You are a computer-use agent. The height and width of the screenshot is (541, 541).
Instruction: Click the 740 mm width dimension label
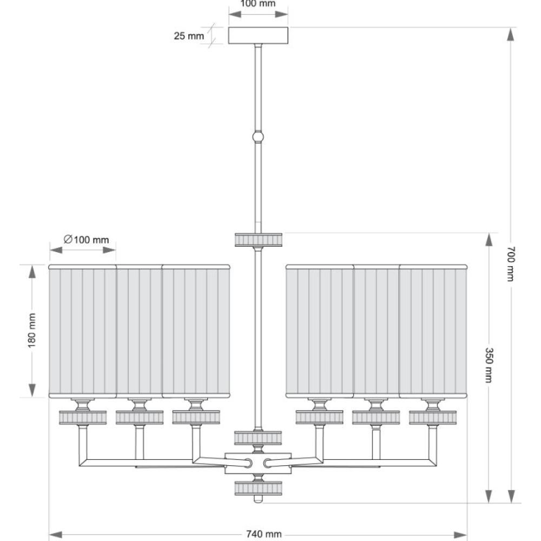pyautogui.click(x=263, y=534)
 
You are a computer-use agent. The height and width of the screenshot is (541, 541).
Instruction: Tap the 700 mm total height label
pyautogui.click(x=511, y=264)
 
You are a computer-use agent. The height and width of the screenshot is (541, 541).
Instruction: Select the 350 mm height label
pyautogui.click(x=489, y=365)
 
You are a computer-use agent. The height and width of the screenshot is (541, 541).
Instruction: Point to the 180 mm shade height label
pyautogui.click(x=32, y=330)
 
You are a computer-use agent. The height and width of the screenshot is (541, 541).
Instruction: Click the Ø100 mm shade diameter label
pyautogui.click(x=86, y=240)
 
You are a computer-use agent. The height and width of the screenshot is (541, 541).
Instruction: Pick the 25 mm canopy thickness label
pyautogui.click(x=189, y=36)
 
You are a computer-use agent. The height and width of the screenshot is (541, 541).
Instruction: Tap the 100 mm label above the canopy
pyautogui.click(x=258, y=4)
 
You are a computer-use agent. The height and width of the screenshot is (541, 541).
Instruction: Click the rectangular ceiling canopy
pyautogui.click(x=258, y=36)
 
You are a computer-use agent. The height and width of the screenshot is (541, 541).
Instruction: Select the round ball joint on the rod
pyautogui.click(x=258, y=137)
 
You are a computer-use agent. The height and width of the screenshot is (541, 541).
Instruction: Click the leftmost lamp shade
pyautogui.click(x=82, y=331)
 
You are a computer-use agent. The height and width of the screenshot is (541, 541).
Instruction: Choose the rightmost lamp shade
pyautogui.click(x=433, y=331)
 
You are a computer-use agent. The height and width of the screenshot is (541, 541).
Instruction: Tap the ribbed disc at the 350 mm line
pyautogui.click(x=259, y=240)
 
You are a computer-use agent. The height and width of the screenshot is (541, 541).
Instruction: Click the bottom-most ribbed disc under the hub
pyautogui.click(x=258, y=488)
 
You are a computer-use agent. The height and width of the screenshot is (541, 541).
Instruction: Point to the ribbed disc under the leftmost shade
pyautogui.click(x=83, y=418)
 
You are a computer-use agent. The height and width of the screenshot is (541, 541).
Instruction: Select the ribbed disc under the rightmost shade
pyautogui.click(x=433, y=418)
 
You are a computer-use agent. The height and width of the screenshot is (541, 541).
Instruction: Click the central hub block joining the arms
pyautogui.click(x=258, y=463)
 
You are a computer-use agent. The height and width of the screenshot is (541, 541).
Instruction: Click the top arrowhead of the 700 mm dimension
pyautogui.click(x=511, y=34)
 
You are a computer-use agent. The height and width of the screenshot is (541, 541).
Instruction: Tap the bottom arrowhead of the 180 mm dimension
pyautogui.click(x=32, y=391)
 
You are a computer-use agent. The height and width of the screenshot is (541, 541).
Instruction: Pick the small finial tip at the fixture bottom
pyautogui.click(x=258, y=499)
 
